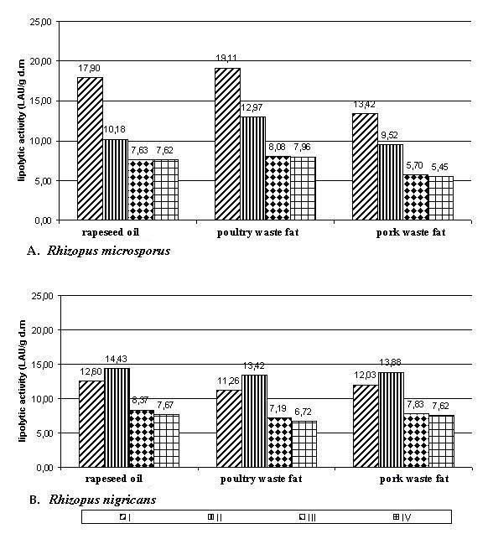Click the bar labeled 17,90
tap(90, 148)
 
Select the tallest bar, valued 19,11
tap(227, 144)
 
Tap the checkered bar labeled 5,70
tap(416, 197)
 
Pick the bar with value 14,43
tap(117, 417)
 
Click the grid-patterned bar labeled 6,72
tap(304, 444)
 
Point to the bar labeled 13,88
tap(392, 420)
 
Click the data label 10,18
tap(115, 129)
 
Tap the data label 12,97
tap(252, 107)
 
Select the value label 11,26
tap(228, 381)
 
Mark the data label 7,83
tap(415, 404)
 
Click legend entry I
tap(125, 517)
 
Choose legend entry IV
tap(402, 517)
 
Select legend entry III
tap(308, 517)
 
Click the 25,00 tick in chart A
tap(41, 22)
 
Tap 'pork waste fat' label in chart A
tap(411, 232)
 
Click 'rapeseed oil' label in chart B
tap(113, 479)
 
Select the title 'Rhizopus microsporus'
tap(108, 251)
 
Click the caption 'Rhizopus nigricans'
tap(102, 499)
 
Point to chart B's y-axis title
tap(23, 381)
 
